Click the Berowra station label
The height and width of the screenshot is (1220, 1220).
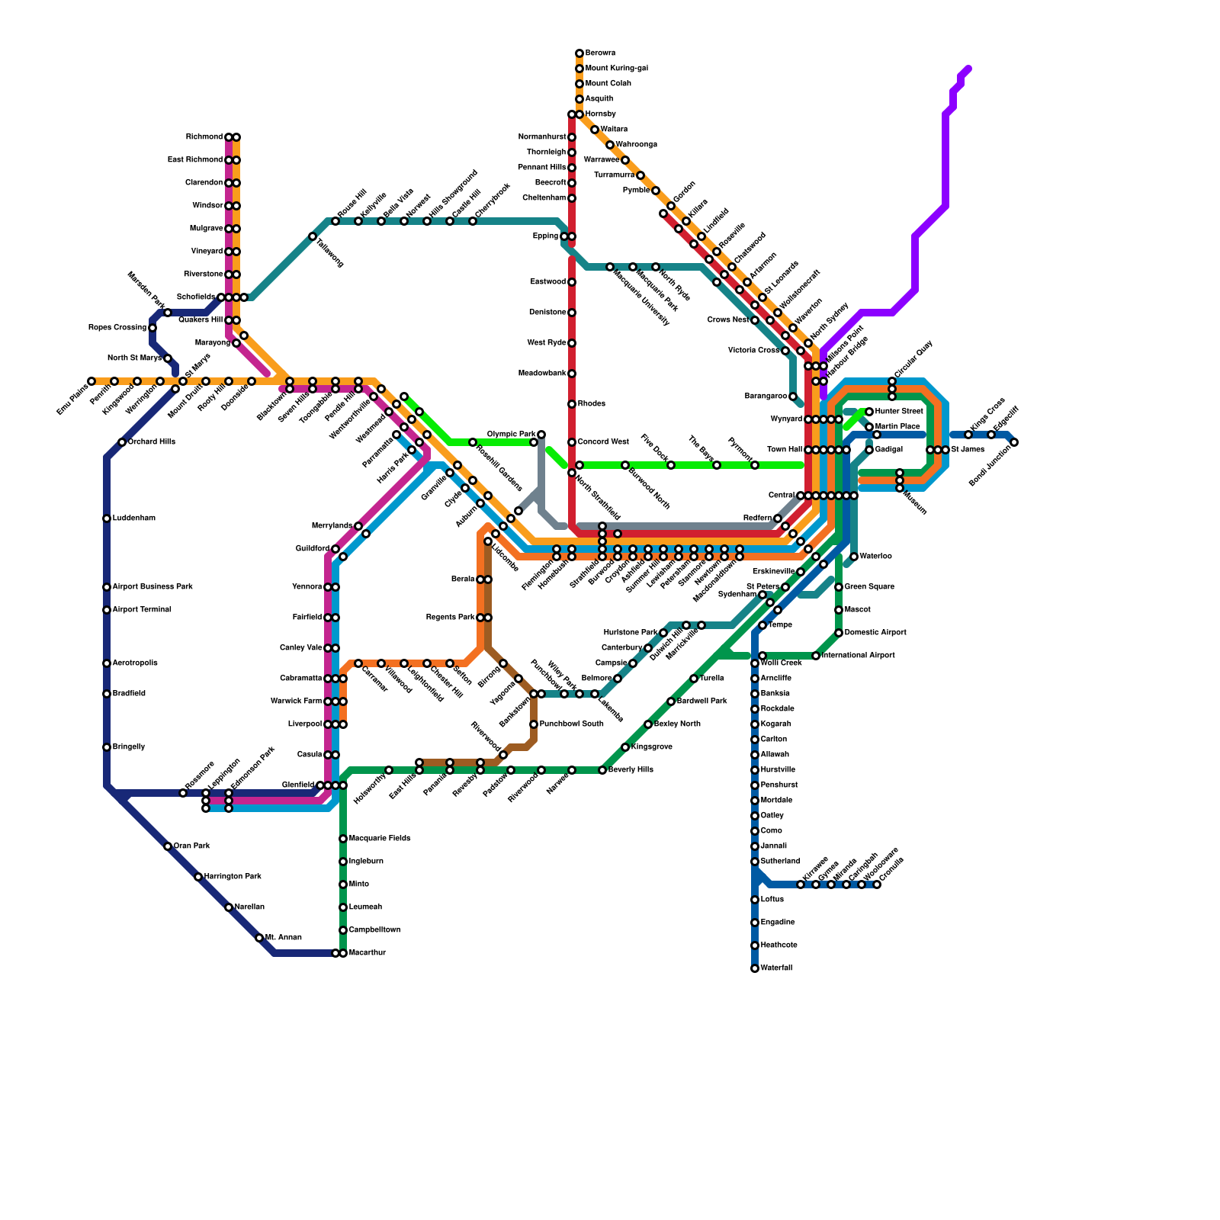(x=600, y=53)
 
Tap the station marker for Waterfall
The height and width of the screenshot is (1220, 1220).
(x=755, y=968)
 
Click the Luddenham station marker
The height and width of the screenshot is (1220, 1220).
(x=107, y=518)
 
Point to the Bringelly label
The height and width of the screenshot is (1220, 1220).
(x=129, y=747)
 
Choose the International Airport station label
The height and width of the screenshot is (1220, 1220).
(x=859, y=656)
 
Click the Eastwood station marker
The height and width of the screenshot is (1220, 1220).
(x=572, y=282)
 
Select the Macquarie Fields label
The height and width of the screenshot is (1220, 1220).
(x=380, y=839)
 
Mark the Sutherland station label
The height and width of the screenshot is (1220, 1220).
(x=780, y=862)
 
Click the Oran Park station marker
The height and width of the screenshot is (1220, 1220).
(x=168, y=846)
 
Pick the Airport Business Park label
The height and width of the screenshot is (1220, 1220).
(x=152, y=587)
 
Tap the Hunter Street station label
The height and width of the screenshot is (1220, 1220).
(x=899, y=412)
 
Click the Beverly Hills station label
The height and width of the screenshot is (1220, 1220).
(x=631, y=770)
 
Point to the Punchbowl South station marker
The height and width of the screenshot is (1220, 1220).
(x=534, y=724)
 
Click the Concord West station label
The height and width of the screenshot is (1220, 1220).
(x=603, y=442)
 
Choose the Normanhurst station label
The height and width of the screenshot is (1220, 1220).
(x=542, y=137)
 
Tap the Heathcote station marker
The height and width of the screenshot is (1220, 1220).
(x=755, y=945)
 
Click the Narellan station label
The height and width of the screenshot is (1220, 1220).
(x=249, y=907)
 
